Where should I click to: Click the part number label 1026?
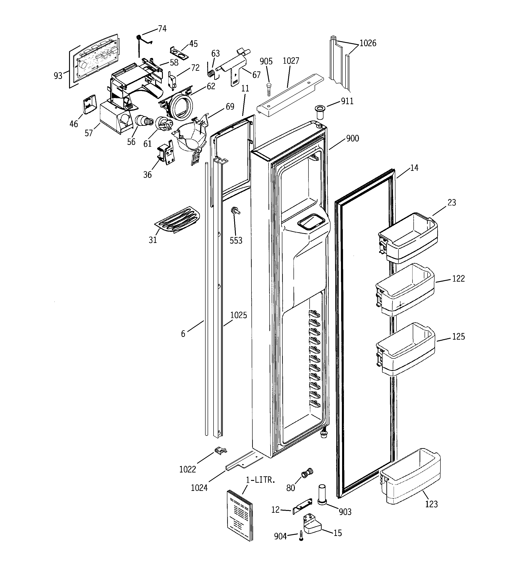368,43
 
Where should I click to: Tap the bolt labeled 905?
269,89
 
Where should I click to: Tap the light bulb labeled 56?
144,121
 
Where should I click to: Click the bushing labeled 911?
320,112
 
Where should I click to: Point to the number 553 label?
236,240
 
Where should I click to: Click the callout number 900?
353,139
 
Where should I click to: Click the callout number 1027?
291,61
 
